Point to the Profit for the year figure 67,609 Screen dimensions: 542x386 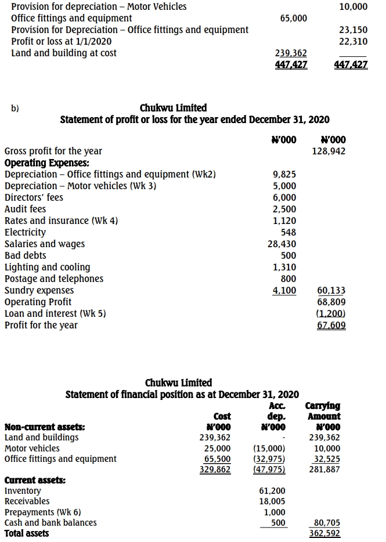click(332, 326)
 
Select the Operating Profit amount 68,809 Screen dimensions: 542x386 click(332, 302)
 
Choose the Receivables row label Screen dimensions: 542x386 click(27, 501)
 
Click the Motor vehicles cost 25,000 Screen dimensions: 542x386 click(218, 449)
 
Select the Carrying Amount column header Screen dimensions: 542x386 click(323, 411)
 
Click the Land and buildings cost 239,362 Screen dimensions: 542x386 click(215, 438)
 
